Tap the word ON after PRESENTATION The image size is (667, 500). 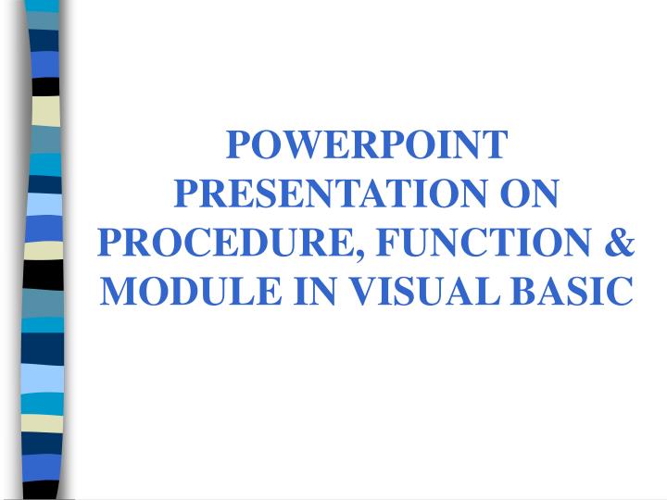(530, 194)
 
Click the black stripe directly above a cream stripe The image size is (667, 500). (44, 86)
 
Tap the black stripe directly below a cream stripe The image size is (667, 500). (44, 274)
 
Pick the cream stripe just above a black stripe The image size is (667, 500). (44, 251)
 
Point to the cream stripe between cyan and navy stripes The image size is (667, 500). (43, 422)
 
